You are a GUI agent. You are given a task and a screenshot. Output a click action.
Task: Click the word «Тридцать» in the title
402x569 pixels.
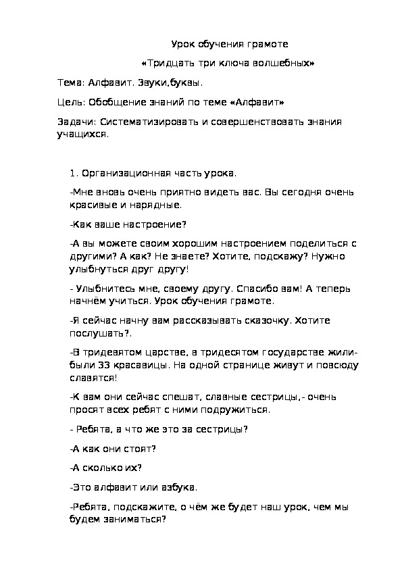166,64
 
